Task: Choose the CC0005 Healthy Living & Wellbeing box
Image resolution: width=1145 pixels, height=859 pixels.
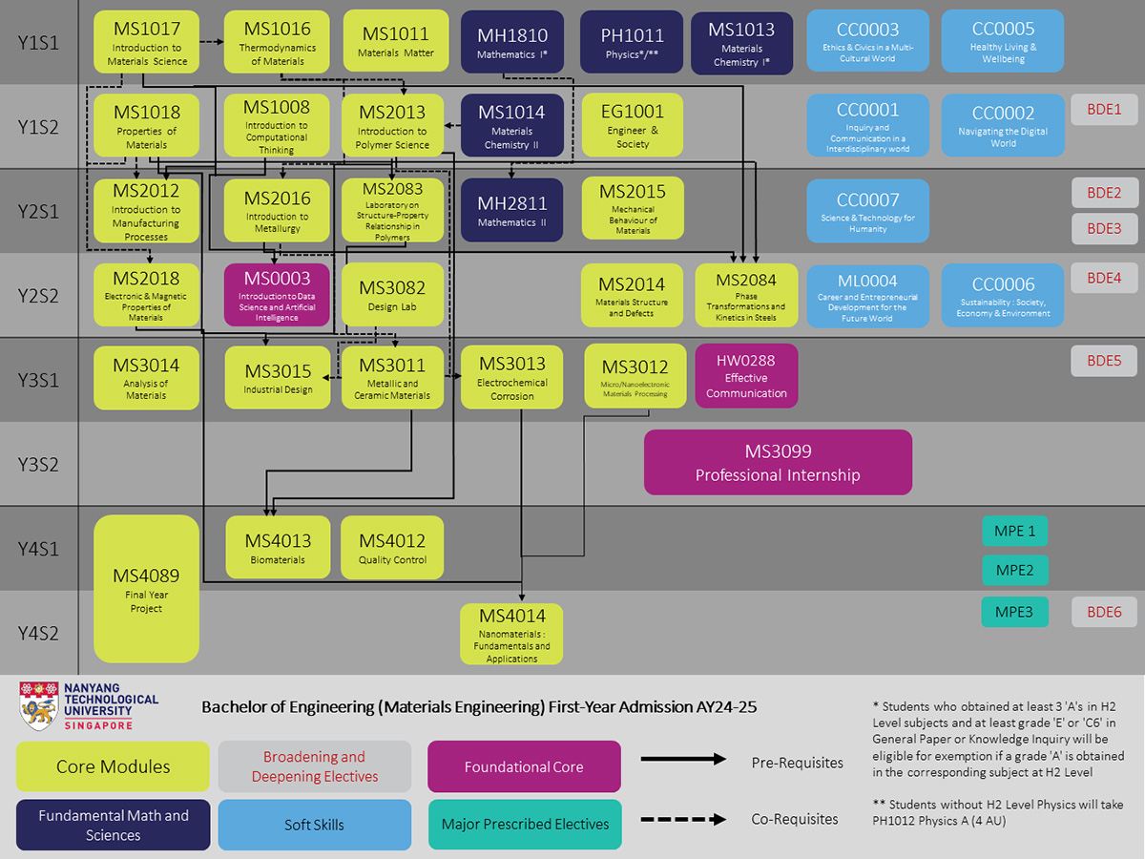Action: (1003, 42)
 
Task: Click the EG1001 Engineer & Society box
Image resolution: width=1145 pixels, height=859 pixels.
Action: (633, 126)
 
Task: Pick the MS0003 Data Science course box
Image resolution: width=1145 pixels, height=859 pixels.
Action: (277, 295)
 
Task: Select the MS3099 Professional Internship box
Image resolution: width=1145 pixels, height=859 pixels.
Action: (778, 462)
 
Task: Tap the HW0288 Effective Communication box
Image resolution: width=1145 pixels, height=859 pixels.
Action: (746, 375)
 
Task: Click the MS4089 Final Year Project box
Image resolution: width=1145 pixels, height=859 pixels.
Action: (146, 589)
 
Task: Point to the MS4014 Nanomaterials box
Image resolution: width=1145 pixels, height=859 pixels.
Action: (511, 633)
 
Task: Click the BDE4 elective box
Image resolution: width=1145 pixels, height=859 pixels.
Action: (1104, 279)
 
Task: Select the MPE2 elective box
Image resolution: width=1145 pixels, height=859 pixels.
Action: (1014, 570)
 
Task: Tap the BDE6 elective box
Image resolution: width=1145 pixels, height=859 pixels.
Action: (1104, 612)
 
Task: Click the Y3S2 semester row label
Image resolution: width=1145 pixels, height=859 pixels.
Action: (38, 465)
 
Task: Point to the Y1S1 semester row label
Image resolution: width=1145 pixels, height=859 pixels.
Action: (38, 43)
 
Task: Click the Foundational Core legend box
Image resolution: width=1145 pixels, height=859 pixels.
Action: (524, 766)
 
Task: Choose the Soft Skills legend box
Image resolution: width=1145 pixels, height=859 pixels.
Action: (314, 825)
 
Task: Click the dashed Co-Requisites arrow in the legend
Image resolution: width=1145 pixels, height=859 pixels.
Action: (683, 819)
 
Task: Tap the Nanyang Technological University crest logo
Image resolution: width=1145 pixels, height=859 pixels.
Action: (38, 706)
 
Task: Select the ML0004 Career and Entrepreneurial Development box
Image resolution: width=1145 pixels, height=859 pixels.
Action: (867, 296)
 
